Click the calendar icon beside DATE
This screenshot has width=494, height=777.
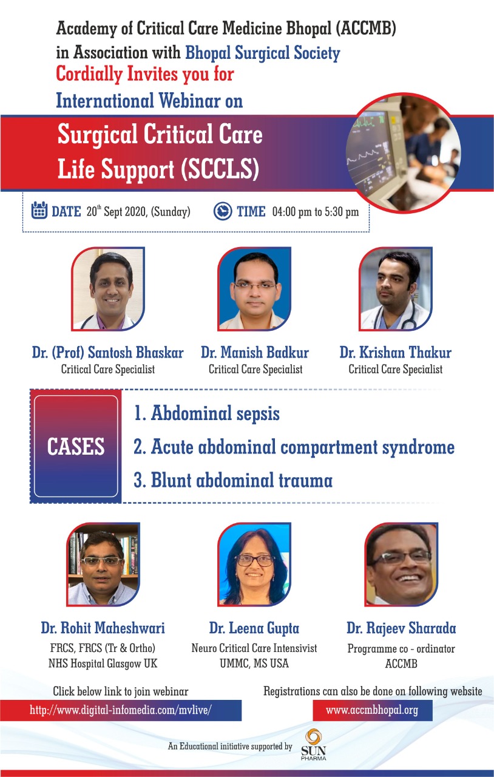click(x=39, y=210)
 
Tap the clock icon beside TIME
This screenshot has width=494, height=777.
click(x=222, y=211)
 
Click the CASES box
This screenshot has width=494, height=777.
click(x=76, y=446)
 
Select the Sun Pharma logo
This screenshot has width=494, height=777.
click(x=313, y=745)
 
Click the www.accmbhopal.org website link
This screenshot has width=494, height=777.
click(x=372, y=710)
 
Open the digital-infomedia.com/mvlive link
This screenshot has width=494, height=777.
click(x=120, y=710)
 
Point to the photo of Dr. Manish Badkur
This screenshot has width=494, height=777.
click(x=254, y=288)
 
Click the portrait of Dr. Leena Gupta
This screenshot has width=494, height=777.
click(x=254, y=565)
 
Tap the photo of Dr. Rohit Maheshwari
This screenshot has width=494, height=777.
click(x=103, y=565)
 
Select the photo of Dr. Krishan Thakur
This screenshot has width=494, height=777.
click(x=396, y=288)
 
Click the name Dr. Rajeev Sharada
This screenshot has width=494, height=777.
click(x=401, y=628)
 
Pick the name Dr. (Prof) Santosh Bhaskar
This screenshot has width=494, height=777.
click(x=108, y=353)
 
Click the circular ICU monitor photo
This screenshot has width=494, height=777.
click(x=402, y=152)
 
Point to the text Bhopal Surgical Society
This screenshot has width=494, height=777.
click(x=263, y=53)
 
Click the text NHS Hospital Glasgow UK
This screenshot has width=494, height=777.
click(x=103, y=663)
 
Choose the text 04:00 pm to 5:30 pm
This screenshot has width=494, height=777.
click(x=316, y=212)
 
